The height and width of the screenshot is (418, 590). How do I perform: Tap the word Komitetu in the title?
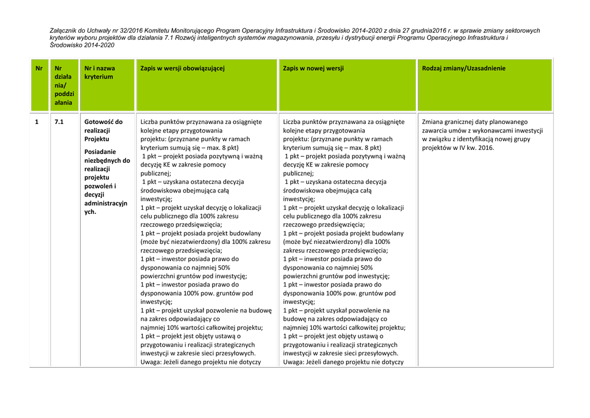pos(167,31)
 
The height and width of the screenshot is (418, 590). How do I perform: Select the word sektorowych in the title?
pos(522,31)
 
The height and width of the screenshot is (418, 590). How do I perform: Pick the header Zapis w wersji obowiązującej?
pos(182,68)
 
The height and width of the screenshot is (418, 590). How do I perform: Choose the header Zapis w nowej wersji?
pos(313,68)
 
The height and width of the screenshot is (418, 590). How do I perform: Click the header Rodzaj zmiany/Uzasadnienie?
pos(464,68)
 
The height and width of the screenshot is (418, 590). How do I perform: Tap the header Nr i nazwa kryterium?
pos(99,72)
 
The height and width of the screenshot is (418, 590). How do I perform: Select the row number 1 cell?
pos(37,122)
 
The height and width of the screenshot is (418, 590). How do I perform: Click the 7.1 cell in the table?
pos(59,122)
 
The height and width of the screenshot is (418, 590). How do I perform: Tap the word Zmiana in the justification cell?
pos(434,122)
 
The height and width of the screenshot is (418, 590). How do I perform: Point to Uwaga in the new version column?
pos(294,362)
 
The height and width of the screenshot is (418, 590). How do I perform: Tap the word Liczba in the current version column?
pos(151,122)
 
